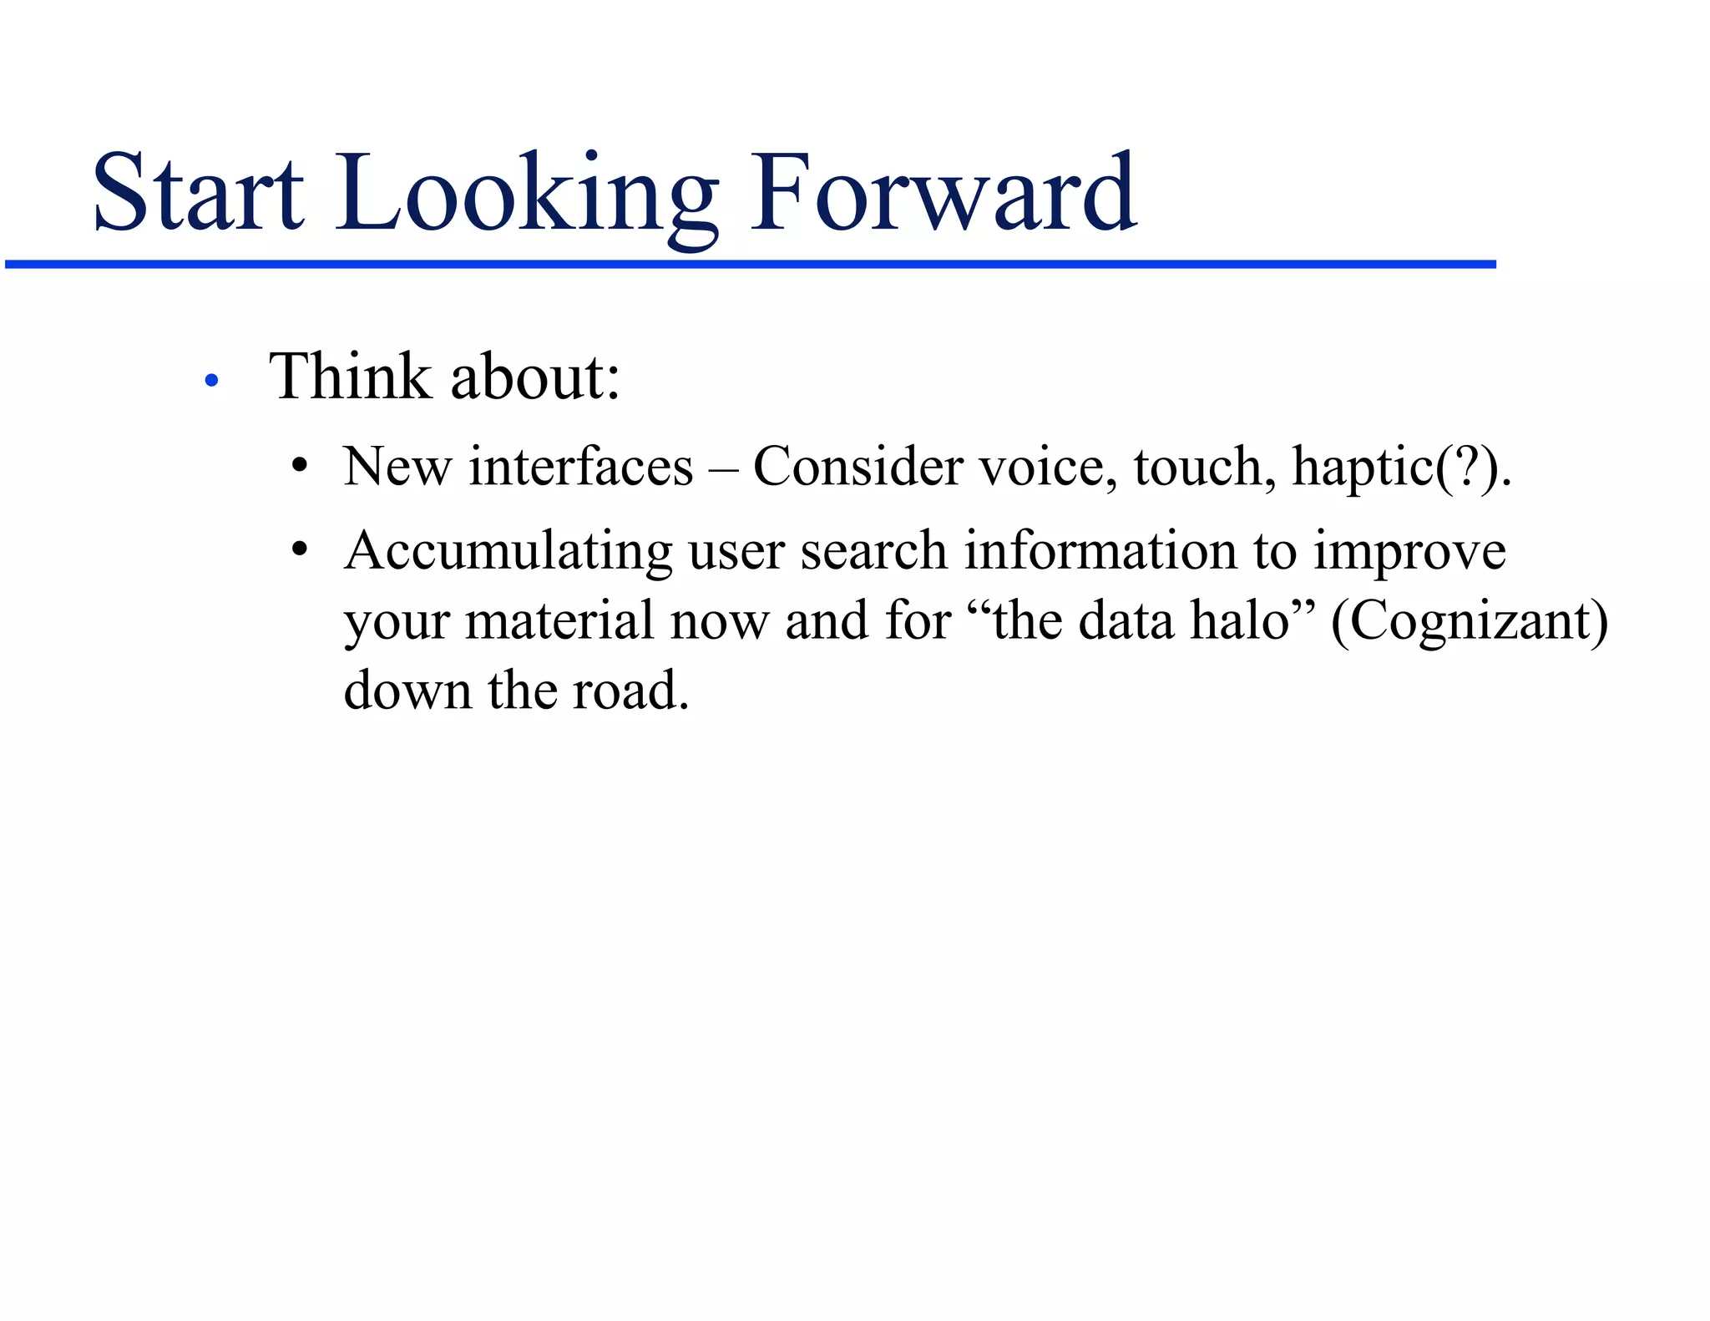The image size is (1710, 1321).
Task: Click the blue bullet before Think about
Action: click(211, 381)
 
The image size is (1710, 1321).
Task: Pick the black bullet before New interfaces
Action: click(300, 466)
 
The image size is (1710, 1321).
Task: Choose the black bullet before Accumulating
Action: click(300, 550)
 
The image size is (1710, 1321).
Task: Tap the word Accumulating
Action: click(508, 552)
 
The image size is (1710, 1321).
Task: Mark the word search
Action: click(873, 551)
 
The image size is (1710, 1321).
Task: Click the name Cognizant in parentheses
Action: click(1470, 622)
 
